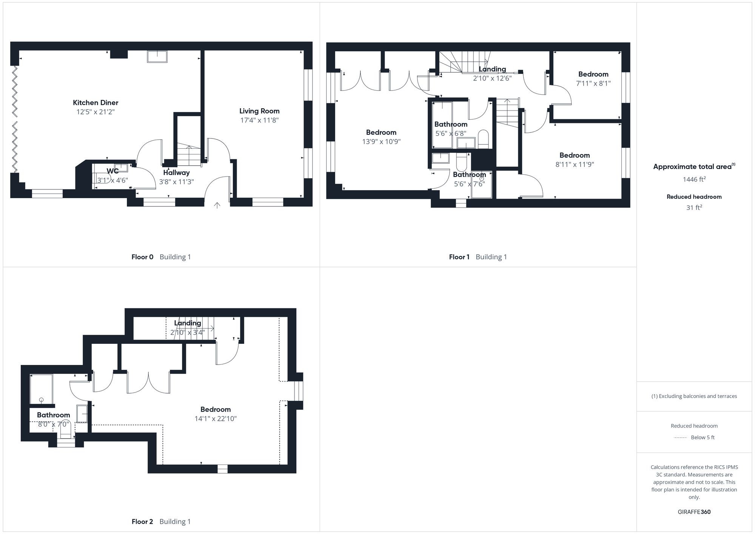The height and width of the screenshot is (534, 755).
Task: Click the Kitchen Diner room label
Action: [96, 103]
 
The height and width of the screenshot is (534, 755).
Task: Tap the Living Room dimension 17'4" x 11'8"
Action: [259, 120]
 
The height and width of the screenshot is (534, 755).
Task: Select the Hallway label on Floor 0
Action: [176, 172]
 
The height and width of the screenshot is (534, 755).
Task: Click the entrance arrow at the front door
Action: [217, 205]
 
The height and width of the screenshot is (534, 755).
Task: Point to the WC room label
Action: [112, 171]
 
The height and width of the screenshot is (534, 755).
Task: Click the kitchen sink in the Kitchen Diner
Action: [157, 57]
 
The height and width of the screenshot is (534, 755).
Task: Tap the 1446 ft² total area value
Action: [694, 179]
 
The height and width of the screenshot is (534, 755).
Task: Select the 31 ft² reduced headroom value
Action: [694, 208]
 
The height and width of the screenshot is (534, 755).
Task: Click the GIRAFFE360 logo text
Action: [694, 512]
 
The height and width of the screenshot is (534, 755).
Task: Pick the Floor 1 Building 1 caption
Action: [478, 257]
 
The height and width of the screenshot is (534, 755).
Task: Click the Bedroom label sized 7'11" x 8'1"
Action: [593, 74]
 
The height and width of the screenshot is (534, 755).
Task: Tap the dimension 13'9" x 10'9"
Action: [381, 142]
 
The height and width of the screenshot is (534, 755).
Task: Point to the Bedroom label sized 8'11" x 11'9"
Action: [574, 155]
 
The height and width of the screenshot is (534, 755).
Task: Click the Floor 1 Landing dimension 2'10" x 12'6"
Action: [492, 78]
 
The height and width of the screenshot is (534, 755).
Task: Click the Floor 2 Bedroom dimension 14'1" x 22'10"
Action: [215, 419]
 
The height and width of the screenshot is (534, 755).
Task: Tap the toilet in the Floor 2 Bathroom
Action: [66, 428]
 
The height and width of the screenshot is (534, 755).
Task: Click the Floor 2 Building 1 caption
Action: [161, 522]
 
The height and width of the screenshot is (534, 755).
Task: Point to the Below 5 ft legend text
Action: [703, 437]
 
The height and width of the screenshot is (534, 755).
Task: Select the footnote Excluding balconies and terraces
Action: [694, 396]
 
